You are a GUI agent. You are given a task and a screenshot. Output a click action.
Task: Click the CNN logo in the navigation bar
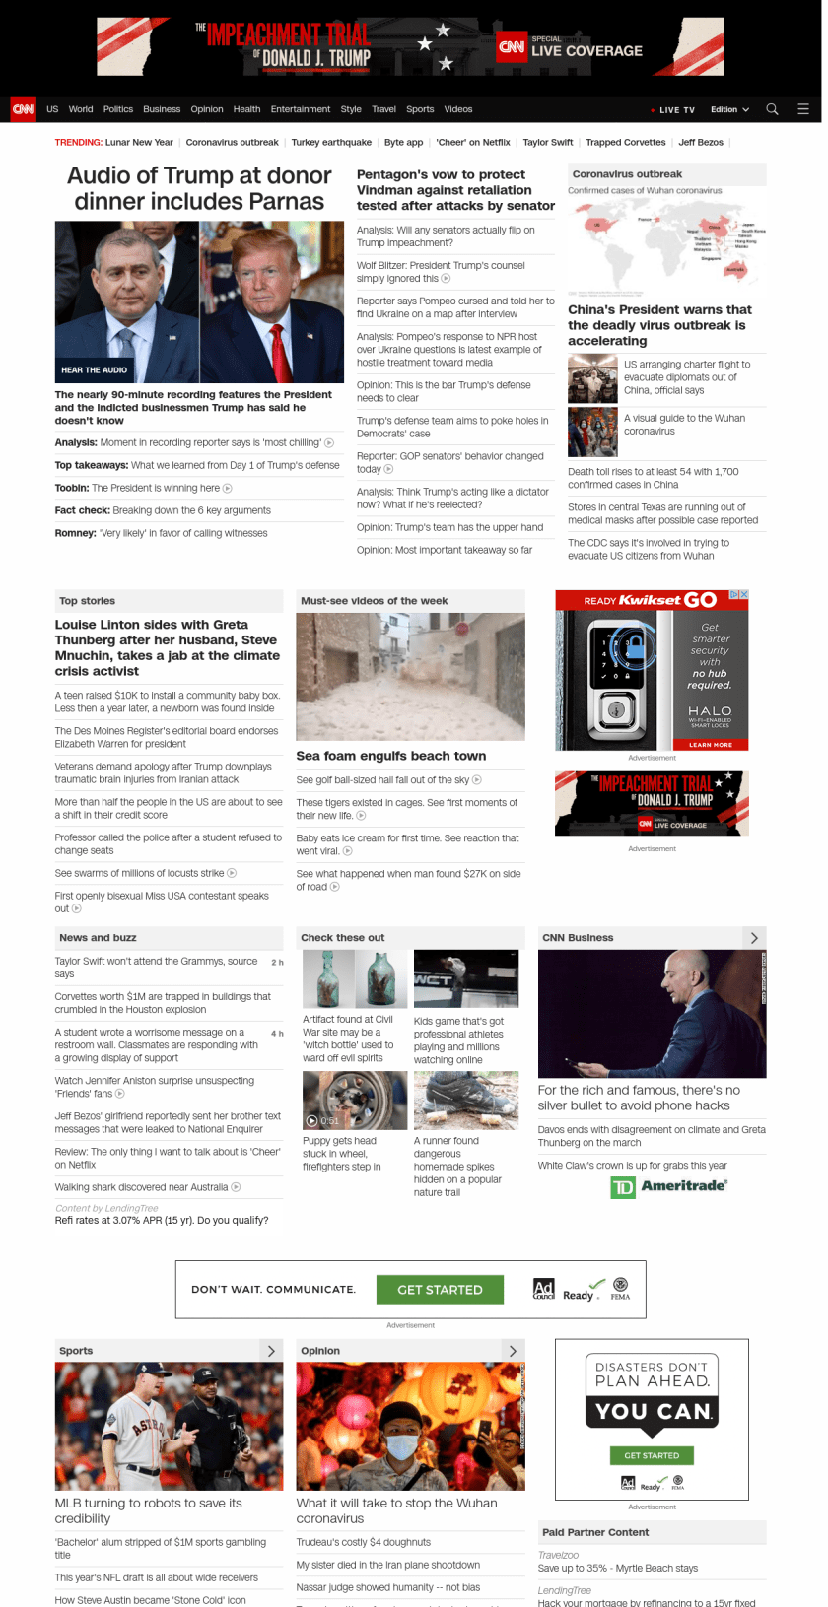pos(23,109)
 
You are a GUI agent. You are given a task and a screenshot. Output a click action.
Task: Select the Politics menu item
pos(118,109)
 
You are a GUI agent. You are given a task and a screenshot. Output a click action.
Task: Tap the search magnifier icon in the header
pos(772,109)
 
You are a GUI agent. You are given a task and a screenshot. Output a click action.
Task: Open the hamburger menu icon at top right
pos(803,109)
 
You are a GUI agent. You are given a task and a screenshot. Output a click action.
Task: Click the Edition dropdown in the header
pos(729,110)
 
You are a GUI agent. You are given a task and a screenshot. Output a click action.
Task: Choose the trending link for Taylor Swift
pos(547,143)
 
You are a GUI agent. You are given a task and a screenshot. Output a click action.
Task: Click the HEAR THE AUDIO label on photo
pos(94,370)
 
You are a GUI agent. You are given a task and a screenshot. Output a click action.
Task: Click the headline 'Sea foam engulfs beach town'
pos(391,756)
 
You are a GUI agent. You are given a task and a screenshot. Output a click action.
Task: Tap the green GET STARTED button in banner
pos(440,1290)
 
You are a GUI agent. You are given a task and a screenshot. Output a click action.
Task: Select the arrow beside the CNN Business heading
pos(754,938)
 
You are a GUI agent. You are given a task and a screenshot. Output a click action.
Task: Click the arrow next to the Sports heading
pos(271,1351)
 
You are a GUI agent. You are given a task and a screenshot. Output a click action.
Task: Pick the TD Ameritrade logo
pos(669,1186)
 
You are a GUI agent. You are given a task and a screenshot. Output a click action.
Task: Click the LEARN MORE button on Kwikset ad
pos(710,745)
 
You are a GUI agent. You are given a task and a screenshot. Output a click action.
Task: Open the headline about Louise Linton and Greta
pos(168,647)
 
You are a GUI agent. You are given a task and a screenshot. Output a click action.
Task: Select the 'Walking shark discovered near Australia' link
pos(142,1187)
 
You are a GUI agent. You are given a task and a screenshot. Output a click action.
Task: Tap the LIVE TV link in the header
pos(675,110)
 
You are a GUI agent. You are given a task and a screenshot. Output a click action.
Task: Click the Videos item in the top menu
pos(458,109)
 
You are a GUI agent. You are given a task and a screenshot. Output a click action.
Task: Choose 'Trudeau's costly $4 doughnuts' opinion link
pos(364,1542)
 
